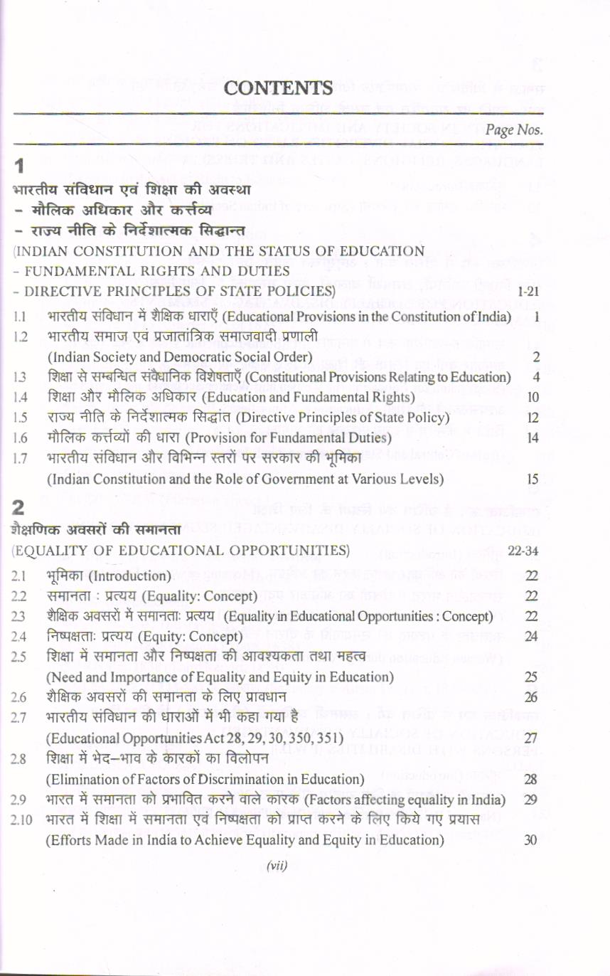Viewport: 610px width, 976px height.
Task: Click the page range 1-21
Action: [x=527, y=292]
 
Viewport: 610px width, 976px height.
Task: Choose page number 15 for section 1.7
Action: [x=529, y=480]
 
